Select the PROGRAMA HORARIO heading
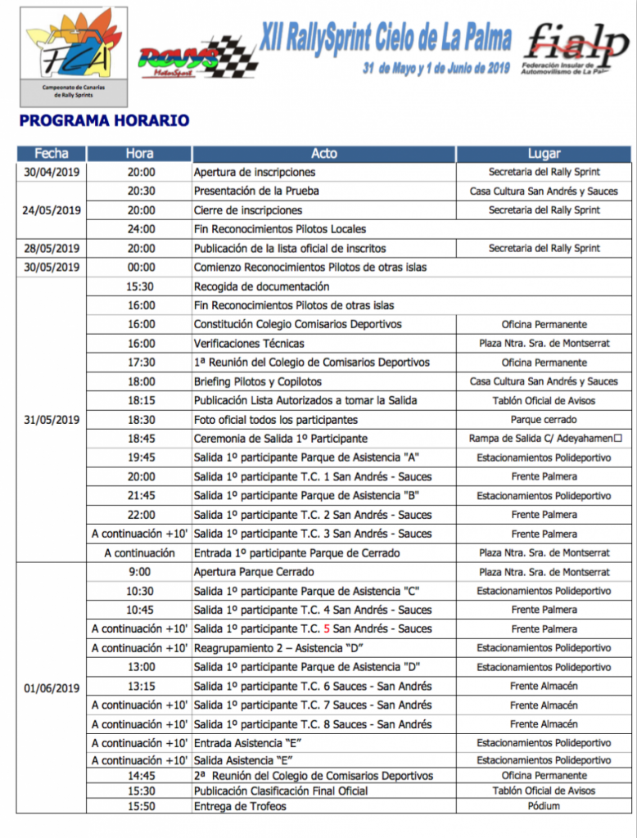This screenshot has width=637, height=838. (x=104, y=121)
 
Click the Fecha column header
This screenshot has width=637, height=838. (x=52, y=154)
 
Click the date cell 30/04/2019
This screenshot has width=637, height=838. (x=52, y=172)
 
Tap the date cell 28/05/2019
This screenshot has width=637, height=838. (x=52, y=248)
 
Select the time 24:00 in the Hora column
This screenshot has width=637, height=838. (x=141, y=229)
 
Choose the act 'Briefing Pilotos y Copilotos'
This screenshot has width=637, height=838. (x=257, y=381)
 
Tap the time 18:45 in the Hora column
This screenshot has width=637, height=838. (x=141, y=439)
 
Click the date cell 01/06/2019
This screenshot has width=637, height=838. (x=52, y=688)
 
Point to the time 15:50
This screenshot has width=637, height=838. (x=141, y=806)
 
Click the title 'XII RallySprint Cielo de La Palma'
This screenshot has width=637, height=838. (x=386, y=37)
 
